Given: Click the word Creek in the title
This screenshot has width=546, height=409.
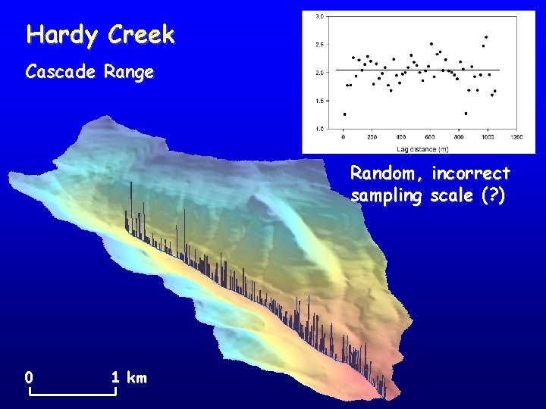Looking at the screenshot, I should pos(142,35).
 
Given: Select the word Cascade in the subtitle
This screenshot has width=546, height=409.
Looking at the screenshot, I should pos(61,73).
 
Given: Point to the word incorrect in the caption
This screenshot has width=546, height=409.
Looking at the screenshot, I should pos(471,173).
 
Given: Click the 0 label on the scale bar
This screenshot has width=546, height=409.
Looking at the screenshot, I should pos(28,377).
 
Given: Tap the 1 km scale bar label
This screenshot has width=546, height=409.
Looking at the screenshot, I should pos(128,377).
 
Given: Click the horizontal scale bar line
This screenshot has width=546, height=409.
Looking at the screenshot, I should pos(72,395).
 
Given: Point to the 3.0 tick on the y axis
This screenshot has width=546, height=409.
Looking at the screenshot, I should pos(320,16).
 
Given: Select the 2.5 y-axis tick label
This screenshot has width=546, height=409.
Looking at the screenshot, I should pos(320,45).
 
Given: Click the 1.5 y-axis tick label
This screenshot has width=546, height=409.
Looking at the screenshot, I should pos(320,101).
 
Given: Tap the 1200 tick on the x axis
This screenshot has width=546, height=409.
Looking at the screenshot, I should pos(516,137).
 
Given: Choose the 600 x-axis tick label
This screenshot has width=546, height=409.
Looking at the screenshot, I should pos(429,137).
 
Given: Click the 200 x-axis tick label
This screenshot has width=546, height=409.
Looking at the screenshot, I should pos(372,137).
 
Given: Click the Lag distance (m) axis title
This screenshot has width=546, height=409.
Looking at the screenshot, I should pos(428,145).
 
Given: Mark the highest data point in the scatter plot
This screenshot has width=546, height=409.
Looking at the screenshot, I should pos(486,37).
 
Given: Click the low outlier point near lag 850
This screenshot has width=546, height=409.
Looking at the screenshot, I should pos(466,114).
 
